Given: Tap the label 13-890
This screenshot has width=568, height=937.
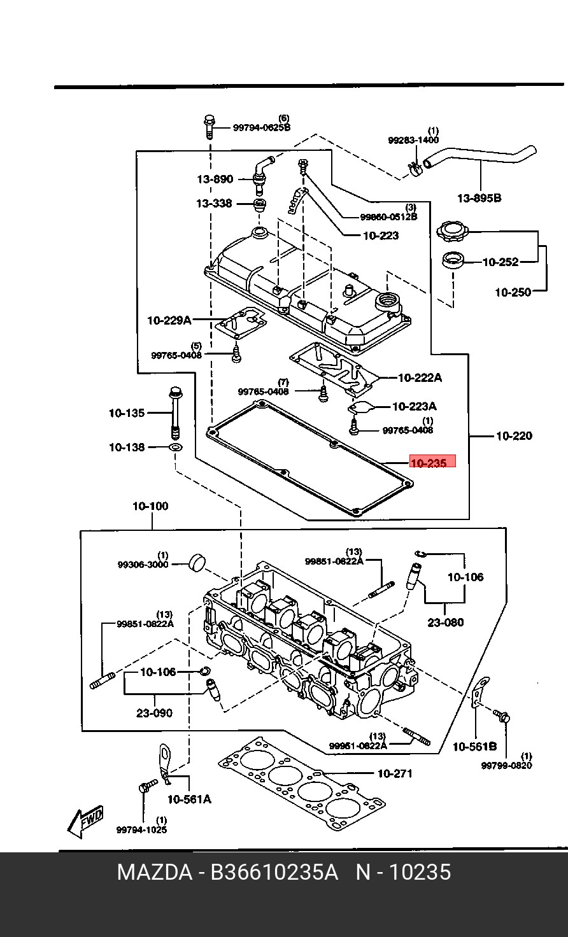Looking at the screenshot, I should [x=215, y=180].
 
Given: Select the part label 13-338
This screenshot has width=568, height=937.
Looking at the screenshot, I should [x=214, y=204].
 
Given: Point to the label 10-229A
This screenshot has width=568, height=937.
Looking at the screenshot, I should [x=169, y=320].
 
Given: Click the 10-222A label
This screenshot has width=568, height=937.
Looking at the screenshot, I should [x=420, y=377].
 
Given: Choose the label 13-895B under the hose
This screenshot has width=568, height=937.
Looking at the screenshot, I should [x=479, y=198].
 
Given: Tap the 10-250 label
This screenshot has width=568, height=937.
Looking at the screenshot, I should [x=513, y=292].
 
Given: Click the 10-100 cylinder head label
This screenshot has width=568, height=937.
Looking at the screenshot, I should [x=150, y=507].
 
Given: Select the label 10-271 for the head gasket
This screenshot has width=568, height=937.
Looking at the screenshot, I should [x=395, y=774].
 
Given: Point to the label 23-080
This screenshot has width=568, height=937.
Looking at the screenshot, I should [x=446, y=623].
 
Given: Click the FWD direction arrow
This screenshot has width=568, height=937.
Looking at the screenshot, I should [x=85, y=821].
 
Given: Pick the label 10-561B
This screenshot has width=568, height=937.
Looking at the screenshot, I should [x=474, y=746].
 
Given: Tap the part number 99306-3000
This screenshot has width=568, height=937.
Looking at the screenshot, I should [x=143, y=565].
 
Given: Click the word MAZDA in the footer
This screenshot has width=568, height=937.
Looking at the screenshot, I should [x=154, y=872].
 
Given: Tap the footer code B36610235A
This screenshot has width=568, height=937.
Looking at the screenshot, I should [x=274, y=872].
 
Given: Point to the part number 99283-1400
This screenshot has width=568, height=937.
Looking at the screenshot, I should [x=413, y=140].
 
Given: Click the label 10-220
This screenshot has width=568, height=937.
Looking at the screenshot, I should [x=513, y=436].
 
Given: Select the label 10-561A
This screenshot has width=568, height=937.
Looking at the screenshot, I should [x=189, y=799].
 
